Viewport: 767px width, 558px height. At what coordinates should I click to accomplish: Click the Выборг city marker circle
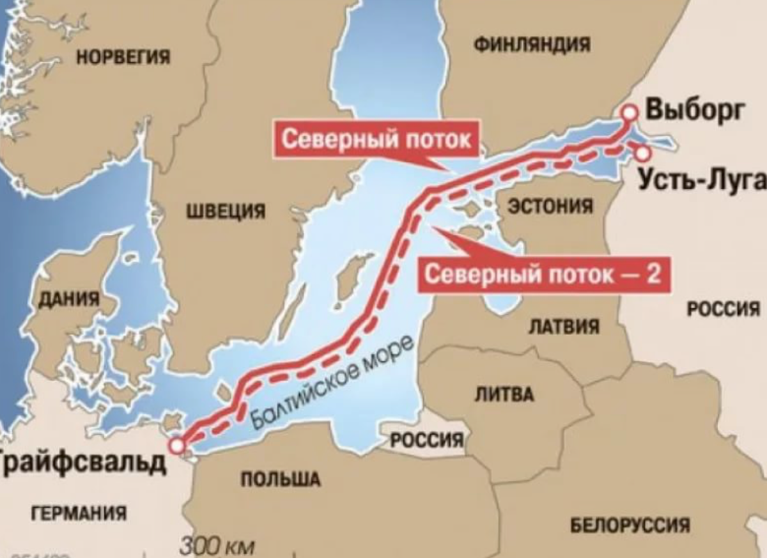[630, 112]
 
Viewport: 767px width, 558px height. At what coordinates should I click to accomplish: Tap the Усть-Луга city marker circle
[643, 153]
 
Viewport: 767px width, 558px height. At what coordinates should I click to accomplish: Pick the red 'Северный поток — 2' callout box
[546, 275]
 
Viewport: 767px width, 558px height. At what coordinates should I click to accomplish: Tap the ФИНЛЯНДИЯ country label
[533, 44]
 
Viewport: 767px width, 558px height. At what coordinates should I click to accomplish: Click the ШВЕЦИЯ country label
[226, 211]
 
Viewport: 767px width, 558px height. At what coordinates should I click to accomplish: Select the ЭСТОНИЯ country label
[550, 206]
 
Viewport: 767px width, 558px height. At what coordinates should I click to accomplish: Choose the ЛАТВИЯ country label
[564, 327]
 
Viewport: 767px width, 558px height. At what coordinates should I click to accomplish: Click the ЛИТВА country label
[504, 394]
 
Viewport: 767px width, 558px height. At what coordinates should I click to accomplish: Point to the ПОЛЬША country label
[280, 479]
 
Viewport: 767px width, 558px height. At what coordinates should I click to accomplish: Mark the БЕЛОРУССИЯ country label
[630, 525]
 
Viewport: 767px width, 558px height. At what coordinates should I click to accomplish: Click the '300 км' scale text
[217, 547]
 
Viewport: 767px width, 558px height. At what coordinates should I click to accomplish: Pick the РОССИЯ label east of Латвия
[723, 309]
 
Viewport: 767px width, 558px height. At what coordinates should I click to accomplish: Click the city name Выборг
[694, 110]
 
